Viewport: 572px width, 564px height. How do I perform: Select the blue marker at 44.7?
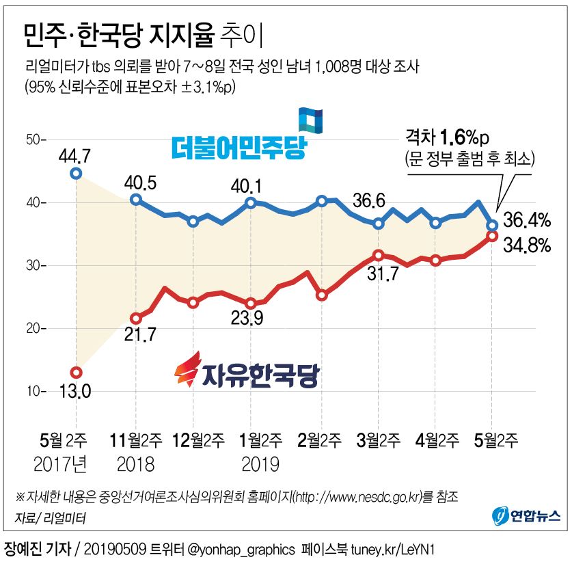tap(76, 173)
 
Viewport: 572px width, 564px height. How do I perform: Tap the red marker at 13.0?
tap(76, 373)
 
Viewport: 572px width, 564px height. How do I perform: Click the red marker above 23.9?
tap(251, 304)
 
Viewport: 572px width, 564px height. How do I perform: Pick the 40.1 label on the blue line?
tap(251, 185)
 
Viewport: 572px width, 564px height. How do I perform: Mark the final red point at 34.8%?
tap(492, 237)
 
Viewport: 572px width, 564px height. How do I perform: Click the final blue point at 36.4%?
tap(492, 224)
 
